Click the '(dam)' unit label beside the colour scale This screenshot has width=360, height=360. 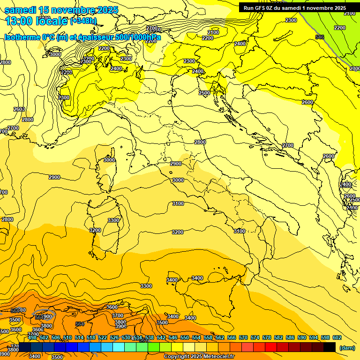tap(347, 347)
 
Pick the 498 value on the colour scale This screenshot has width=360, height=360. tap(32, 337)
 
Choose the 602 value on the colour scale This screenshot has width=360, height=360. tap(337, 337)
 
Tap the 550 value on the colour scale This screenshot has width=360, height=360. tap(185, 337)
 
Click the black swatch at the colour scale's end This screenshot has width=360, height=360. tap(330, 347)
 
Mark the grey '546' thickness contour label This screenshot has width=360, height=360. tap(320, 37)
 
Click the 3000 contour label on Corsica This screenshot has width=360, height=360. tap(109, 160)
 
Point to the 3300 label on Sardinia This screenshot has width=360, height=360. tap(113, 220)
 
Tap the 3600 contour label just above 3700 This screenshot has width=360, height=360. tap(112, 307)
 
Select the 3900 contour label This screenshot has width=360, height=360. tap(120, 326)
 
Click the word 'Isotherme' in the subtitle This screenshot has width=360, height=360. tap(22, 37)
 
